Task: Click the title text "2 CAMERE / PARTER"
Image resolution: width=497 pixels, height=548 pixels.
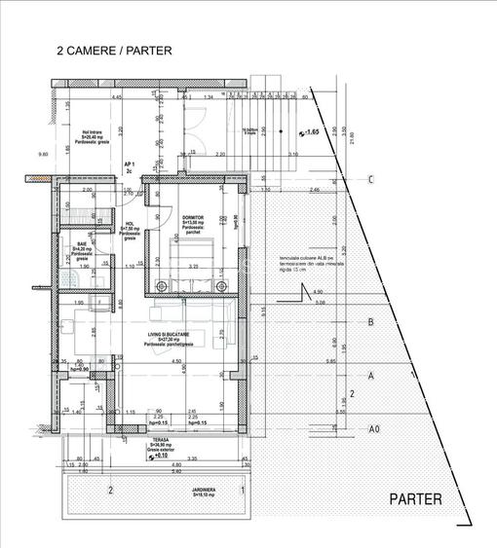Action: [115, 51]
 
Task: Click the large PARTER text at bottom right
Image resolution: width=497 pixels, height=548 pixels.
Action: [416, 499]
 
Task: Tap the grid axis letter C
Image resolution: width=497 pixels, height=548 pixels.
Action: [371, 179]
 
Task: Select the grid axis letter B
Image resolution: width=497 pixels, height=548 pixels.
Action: [370, 322]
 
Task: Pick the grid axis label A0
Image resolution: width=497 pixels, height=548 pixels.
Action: [373, 429]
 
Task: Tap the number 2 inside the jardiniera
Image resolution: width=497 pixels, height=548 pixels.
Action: [111, 489]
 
